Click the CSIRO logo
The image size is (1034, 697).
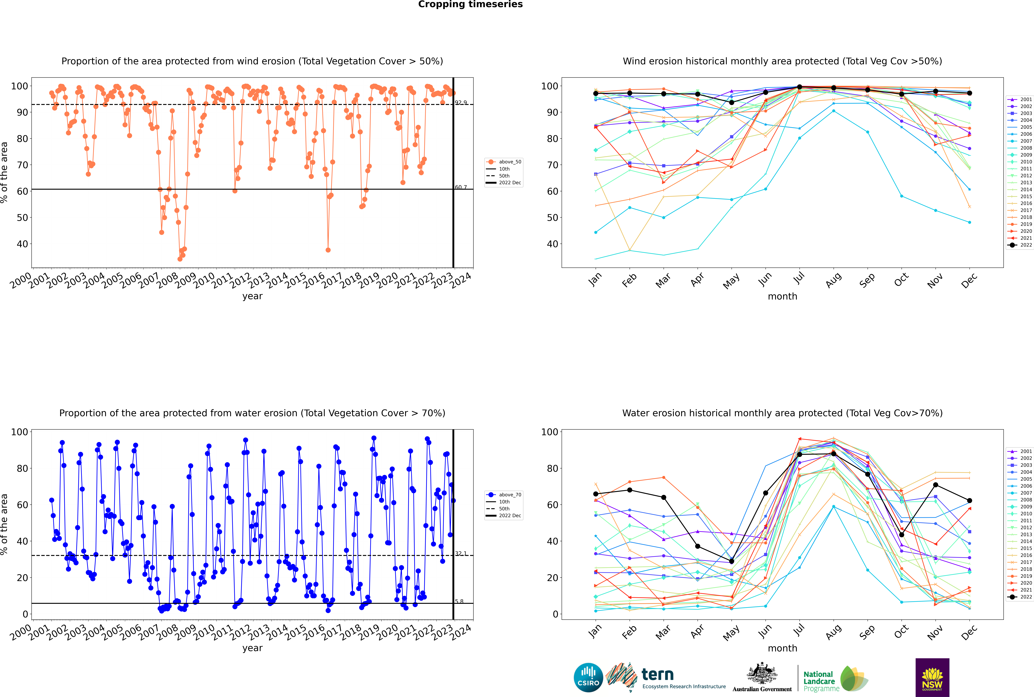[588, 677]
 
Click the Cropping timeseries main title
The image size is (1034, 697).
[470, 4]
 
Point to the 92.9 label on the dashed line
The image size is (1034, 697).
[461, 103]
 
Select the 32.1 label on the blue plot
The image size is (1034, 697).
[461, 553]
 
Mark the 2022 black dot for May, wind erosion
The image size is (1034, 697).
[732, 103]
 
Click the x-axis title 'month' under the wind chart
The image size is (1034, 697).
[782, 297]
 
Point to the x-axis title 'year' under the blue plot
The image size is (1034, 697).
[253, 648]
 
